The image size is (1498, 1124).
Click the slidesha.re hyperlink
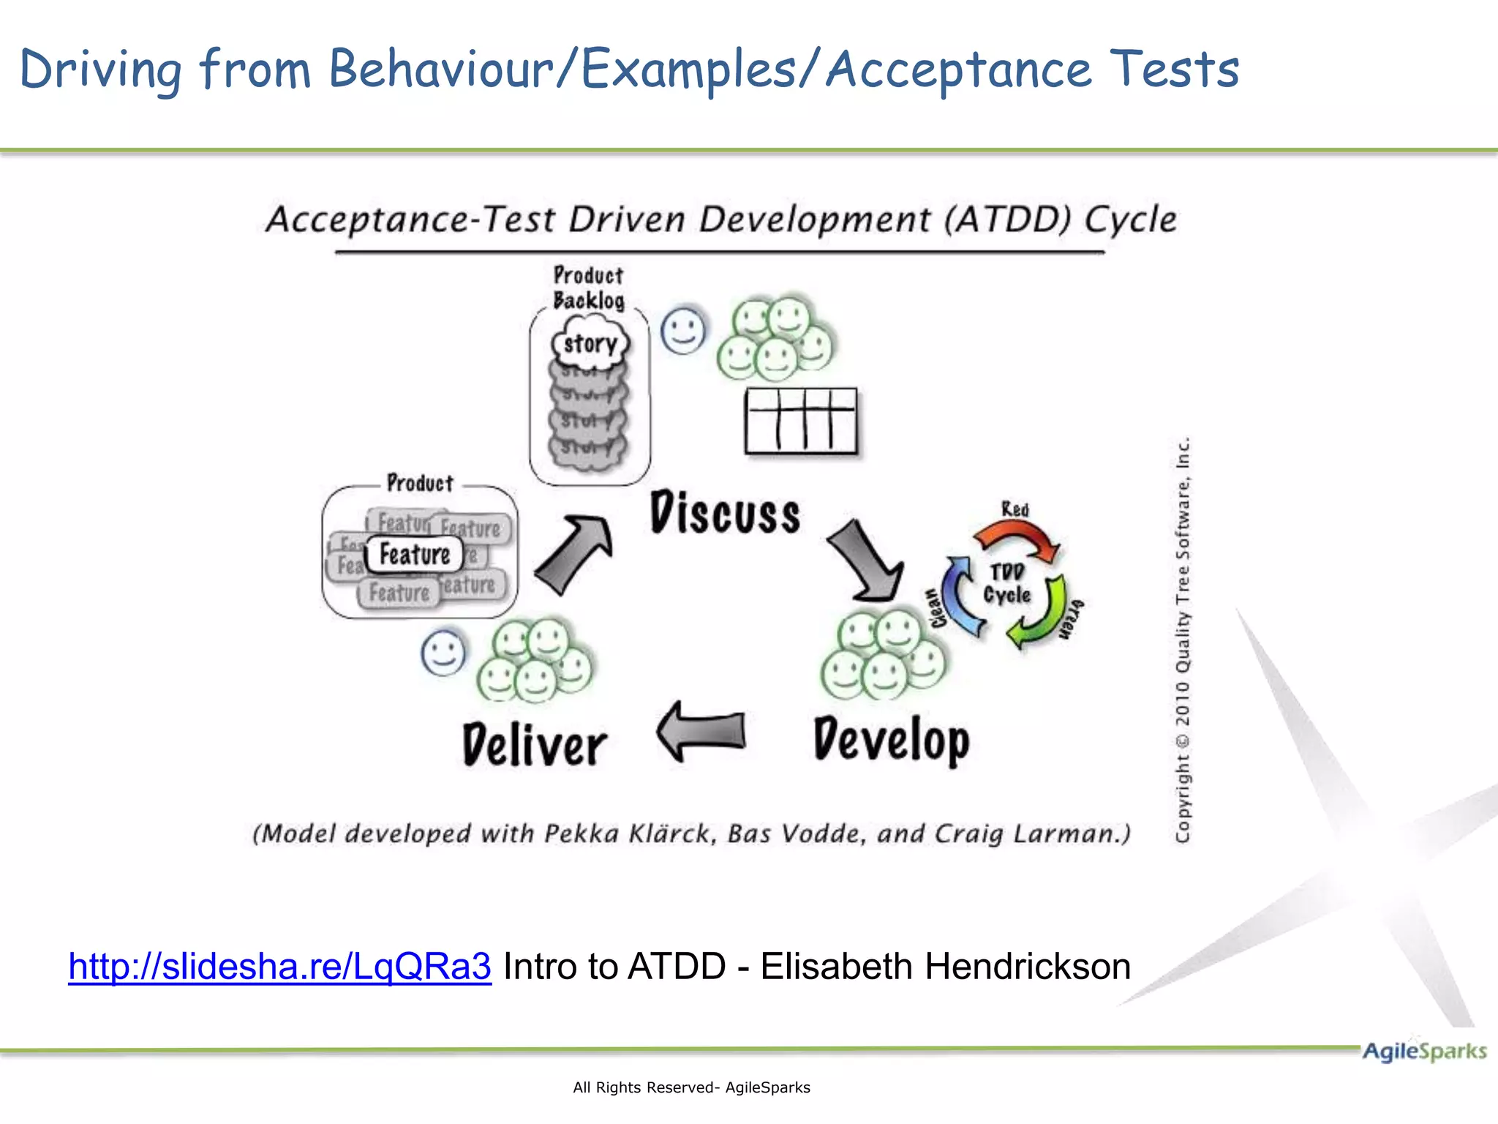[x=279, y=966]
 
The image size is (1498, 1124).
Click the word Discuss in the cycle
[x=725, y=513]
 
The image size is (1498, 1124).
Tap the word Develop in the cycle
[x=891, y=741]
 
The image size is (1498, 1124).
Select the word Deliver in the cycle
[x=535, y=745]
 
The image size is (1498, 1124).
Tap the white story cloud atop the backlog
[x=590, y=343]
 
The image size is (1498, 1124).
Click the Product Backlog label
[x=588, y=288]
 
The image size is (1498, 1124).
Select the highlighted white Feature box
[x=414, y=554]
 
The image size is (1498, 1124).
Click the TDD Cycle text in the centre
[x=1007, y=583]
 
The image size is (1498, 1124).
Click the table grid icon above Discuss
[x=801, y=421]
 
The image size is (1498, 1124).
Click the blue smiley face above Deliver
[x=443, y=652]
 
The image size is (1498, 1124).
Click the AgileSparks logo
[x=1424, y=1052]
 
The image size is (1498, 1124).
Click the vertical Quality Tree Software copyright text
[x=1183, y=640]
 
